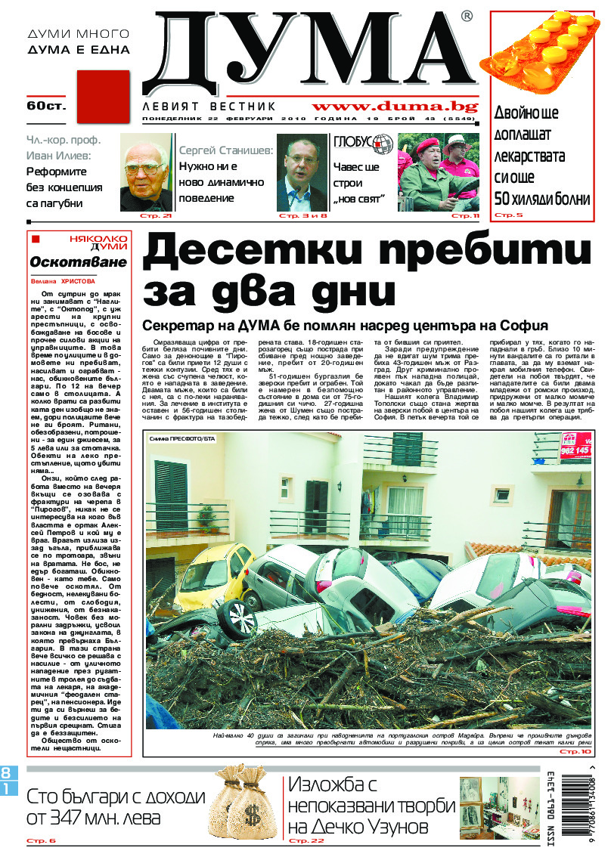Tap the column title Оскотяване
[69, 261]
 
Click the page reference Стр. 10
[575, 752]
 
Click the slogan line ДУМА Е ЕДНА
[78, 50]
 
